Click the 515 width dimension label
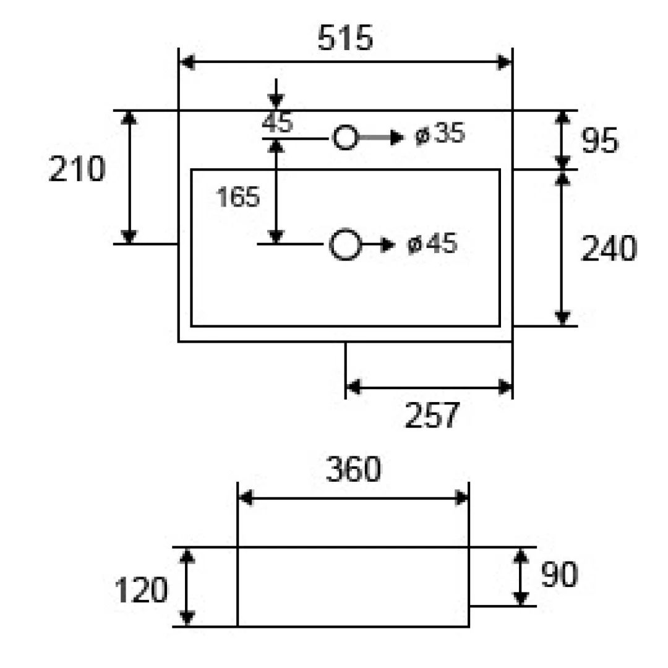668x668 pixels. (x=345, y=38)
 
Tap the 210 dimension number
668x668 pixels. (x=77, y=169)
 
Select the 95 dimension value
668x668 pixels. (x=599, y=140)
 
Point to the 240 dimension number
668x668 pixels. (x=609, y=248)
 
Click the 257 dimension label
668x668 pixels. (x=432, y=415)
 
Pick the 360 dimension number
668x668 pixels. (x=353, y=469)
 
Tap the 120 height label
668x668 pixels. (x=141, y=590)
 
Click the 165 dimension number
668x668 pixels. (x=238, y=197)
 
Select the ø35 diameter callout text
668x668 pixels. (x=440, y=134)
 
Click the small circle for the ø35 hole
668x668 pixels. (x=345, y=137)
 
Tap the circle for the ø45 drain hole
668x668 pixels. (x=345, y=244)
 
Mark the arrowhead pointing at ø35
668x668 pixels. (x=397, y=137)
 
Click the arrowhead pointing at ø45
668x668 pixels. (x=388, y=245)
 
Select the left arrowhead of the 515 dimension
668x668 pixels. (x=187, y=62)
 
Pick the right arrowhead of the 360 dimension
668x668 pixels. (x=461, y=497)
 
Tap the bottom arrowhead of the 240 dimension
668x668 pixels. (x=562, y=319)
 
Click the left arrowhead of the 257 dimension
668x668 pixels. (x=354, y=387)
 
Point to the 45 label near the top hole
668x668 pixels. (x=277, y=122)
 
